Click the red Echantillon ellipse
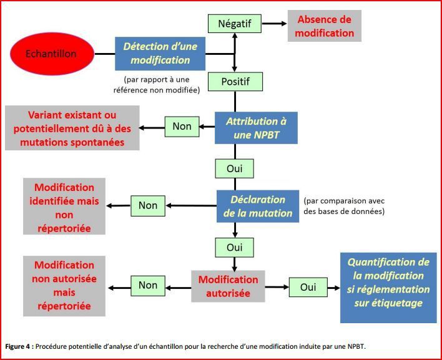pyautogui.click(x=52, y=54)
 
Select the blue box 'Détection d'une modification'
pyautogui.click(x=160, y=54)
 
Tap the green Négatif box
pyautogui.click(x=235, y=24)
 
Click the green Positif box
pyautogui.click(x=235, y=82)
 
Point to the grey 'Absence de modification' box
pyautogui.click(x=325, y=26)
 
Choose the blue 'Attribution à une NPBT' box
pyautogui.click(x=256, y=128)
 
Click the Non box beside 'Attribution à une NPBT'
pyautogui.click(x=182, y=127)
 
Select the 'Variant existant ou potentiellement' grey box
pyautogui.click(x=72, y=128)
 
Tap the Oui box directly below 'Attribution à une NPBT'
pyautogui.click(x=235, y=168)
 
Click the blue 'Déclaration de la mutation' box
pyautogui.click(x=258, y=206)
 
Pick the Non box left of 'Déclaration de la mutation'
pyautogui.click(x=148, y=206)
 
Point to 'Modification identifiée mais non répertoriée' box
pyautogui.click(x=64, y=206)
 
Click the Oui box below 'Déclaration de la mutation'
pyautogui.click(x=235, y=248)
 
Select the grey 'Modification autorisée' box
pyautogui.click(x=228, y=286)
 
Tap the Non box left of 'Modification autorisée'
pyautogui.click(x=148, y=286)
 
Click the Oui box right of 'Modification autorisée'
pyautogui.click(x=308, y=288)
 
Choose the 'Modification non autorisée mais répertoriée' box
pyautogui.click(x=64, y=286)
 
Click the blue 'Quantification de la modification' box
pyautogui.click(x=388, y=288)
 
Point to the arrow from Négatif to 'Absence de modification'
pyautogui.click(x=274, y=24)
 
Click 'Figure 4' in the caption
pyautogui.click(x=17, y=346)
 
